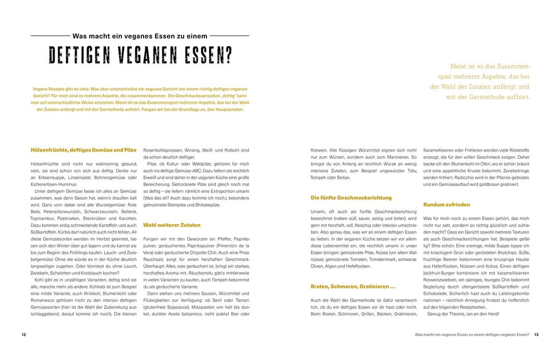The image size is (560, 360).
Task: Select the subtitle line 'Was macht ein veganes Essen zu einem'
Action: point(140,36)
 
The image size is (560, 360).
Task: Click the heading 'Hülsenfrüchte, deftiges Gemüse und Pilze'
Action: point(83,150)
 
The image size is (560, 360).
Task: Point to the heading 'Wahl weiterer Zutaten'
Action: point(172,225)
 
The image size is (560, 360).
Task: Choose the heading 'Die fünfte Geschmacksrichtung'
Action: point(351,198)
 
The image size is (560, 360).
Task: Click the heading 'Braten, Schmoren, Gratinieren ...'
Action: point(353,286)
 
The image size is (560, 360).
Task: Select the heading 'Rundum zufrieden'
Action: point(446,204)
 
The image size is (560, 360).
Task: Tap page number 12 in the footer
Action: point(24,335)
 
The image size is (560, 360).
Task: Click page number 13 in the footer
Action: point(536,335)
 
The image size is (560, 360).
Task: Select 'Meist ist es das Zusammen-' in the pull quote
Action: point(491,66)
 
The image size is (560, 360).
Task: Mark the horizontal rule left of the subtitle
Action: point(50,36)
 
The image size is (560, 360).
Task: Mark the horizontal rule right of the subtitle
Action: point(229,36)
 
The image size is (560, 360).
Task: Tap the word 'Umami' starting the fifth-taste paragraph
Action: point(318,212)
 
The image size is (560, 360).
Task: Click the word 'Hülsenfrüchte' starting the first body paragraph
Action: point(45,164)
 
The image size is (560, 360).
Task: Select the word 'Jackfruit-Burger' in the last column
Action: point(440,273)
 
